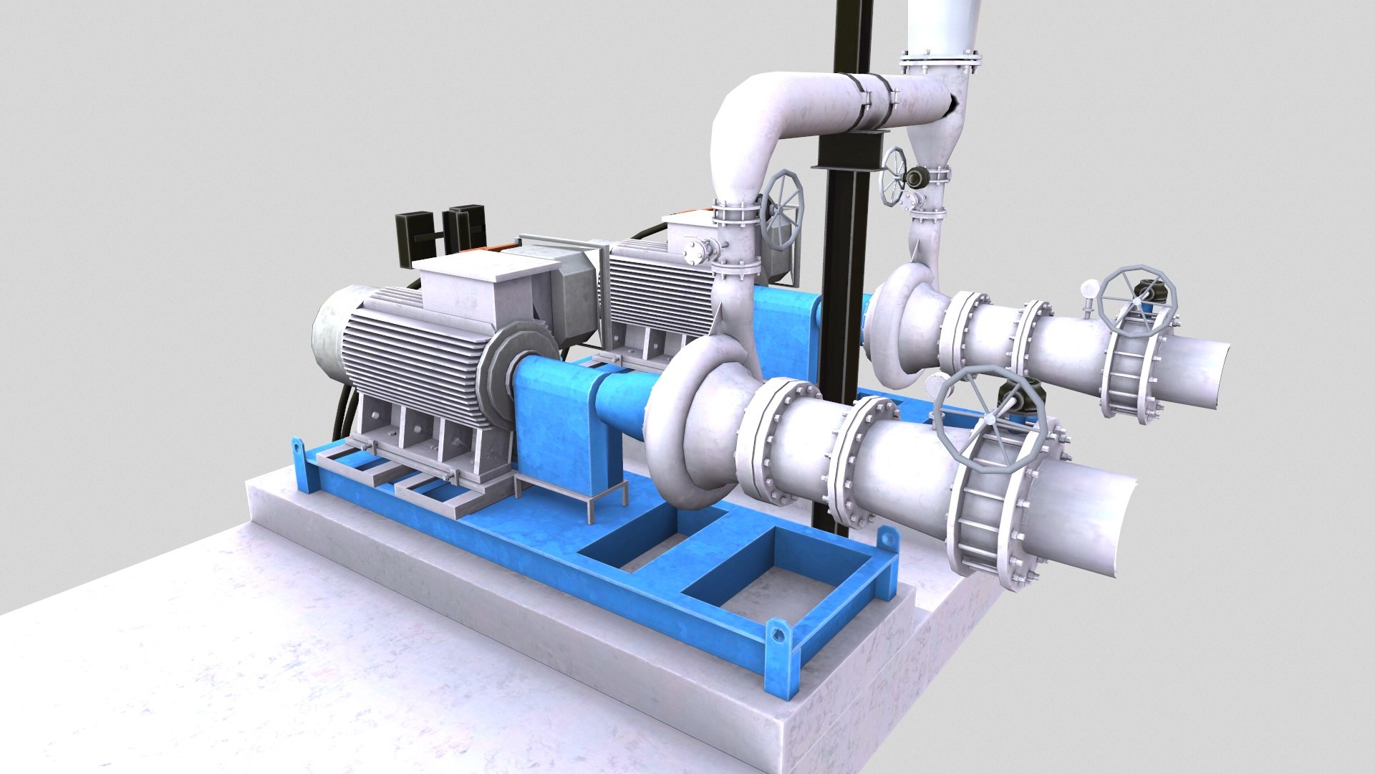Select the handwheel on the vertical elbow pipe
(783, 209)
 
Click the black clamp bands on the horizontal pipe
(875, 100)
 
